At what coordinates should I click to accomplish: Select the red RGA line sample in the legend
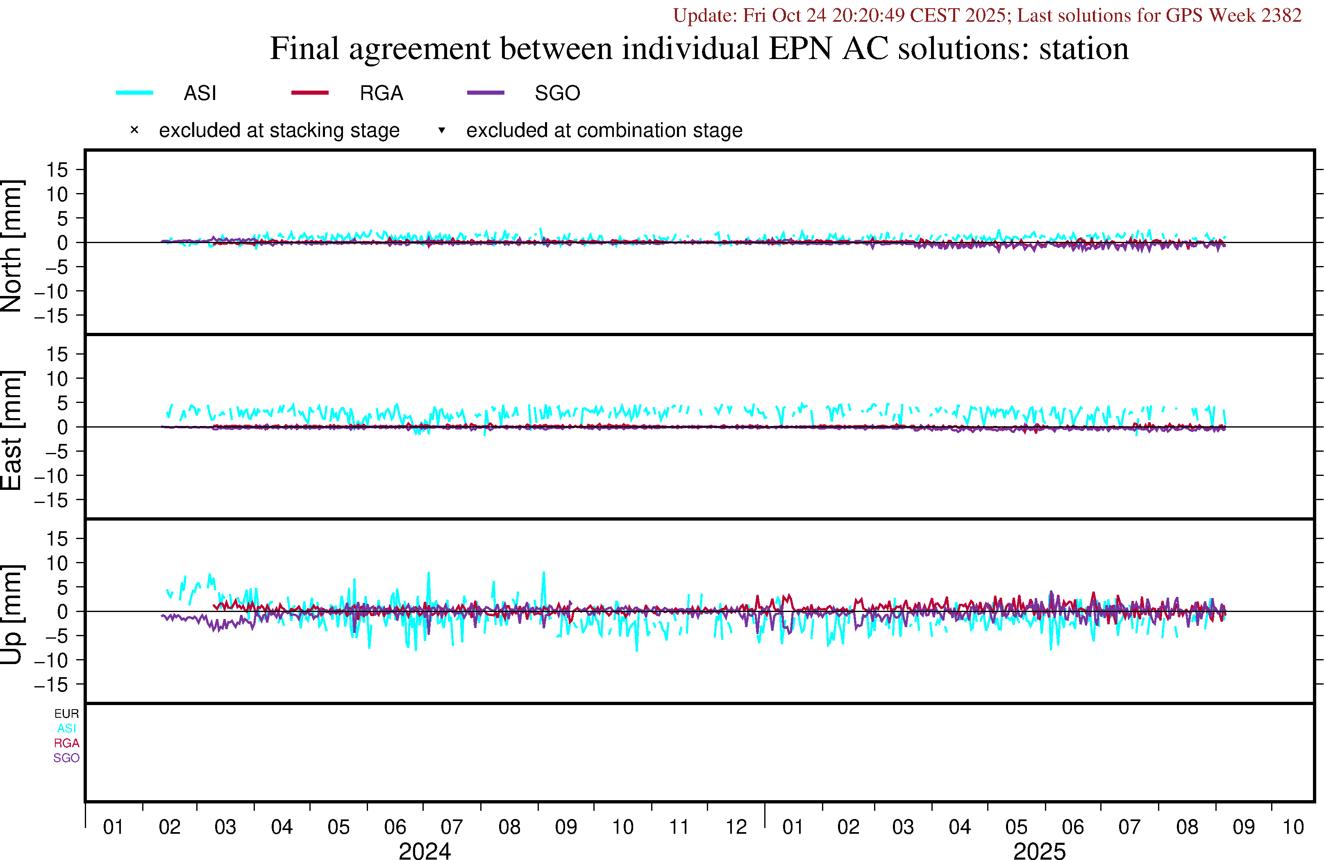[x=310, y=92]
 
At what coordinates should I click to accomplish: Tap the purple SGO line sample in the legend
[x=486, y=92]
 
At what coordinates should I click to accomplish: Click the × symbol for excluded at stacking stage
[x=134, y=130]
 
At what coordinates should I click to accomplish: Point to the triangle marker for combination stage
[x=442, y=130]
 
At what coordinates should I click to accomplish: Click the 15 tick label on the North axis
[x=57, y=170]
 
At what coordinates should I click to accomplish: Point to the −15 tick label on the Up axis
[x=51, y=685]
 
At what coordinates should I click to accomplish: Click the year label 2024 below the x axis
[x=425, y=851]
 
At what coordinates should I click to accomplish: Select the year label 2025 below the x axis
[x=1039, y=851]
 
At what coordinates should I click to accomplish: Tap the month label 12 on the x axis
[x=736, y=827]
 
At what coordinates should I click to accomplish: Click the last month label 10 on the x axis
[x=1293, y=827]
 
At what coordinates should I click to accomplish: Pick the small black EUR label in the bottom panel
[x=66, y=714]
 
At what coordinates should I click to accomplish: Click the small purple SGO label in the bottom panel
[x=66, y=758]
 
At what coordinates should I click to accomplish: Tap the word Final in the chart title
[x=304, y=48]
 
